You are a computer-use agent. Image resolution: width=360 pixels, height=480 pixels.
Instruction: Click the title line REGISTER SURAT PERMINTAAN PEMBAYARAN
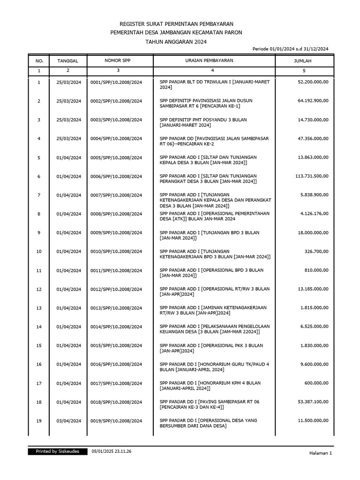point(176,24)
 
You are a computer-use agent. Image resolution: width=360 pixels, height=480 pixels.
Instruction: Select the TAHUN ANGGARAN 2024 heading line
point(176,42)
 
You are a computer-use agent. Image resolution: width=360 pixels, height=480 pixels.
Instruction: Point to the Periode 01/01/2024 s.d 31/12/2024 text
point(290,49)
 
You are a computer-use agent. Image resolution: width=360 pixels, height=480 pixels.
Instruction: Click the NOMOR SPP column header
point(118,60)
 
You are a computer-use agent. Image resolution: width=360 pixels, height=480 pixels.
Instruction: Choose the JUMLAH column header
point(302,61)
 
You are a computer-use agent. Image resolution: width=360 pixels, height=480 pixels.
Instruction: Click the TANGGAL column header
point(67,61)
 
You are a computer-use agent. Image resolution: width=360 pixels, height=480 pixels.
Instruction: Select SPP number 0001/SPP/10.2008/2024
point(116,82)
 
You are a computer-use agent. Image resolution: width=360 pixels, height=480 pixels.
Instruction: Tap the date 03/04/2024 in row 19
point(69,421)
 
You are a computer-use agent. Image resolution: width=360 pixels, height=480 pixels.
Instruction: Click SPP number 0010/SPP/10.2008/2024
point(116,252)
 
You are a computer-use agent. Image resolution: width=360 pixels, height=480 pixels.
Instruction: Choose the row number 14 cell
point(39,327)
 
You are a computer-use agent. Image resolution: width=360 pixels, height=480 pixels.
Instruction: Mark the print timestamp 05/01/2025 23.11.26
point(112,451)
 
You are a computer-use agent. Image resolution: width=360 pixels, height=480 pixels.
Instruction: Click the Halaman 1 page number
point(321,453)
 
